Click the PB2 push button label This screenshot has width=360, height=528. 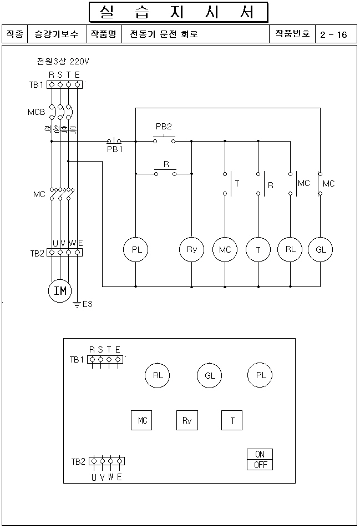pyautogui.click(x=164, y=127)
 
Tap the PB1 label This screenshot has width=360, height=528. pyautogui.click(x=115, y=149)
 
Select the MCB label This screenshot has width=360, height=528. pyautogui.click(x=37, y=112)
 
